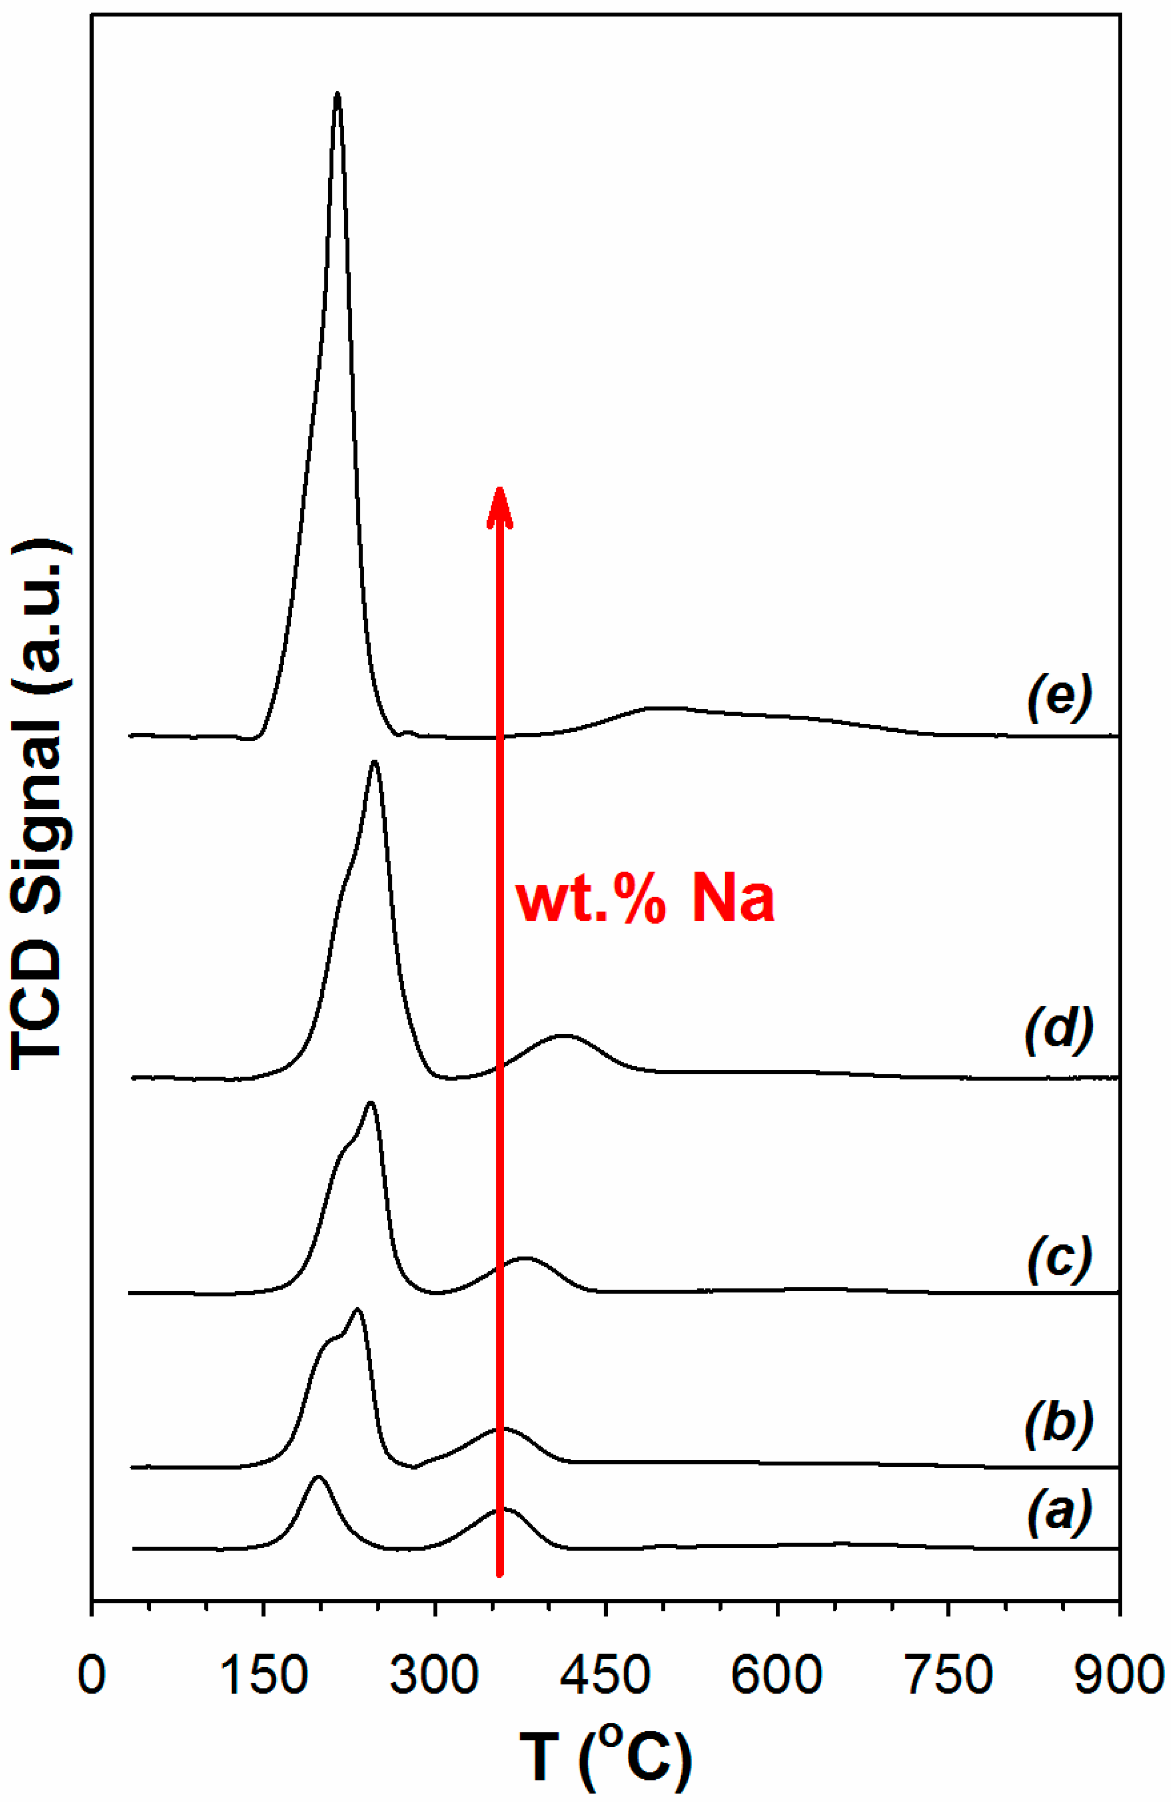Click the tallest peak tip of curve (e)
tap(337, 95)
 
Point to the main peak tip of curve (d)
tap(374, 763)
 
